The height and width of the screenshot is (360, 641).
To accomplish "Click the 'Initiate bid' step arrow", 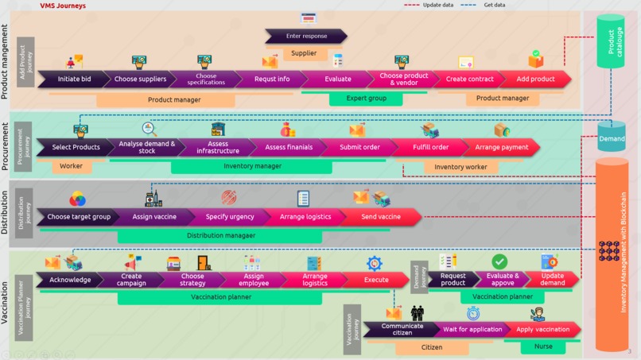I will (74, 79).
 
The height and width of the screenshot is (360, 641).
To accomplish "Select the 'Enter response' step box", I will (306, 37).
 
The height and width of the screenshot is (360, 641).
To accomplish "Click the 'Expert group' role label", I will (367, 99).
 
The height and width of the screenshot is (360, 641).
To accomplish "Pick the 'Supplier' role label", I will (304, 53).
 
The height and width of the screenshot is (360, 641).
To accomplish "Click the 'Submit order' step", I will (359, 147).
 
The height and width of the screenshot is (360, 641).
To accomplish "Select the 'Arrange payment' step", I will (502, 147).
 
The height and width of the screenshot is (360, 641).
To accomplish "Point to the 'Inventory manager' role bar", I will (252, 167).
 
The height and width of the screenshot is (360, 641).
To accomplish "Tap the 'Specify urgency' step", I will (230, 217).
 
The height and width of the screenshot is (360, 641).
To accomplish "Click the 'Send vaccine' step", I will (381, 217).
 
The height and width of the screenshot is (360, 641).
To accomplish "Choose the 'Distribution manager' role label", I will (221, 236).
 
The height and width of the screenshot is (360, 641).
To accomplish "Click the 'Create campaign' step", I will (132, 280).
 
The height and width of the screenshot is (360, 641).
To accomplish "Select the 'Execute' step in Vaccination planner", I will (376, 280).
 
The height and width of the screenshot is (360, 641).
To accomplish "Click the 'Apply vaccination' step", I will (543, 329).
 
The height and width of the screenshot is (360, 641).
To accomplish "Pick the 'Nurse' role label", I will (543, 347).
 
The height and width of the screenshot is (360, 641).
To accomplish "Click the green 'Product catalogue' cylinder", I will (612, 41).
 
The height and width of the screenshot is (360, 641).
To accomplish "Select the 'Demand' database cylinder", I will (612, 137).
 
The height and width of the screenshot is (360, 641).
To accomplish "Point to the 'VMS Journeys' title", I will (63, 6).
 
